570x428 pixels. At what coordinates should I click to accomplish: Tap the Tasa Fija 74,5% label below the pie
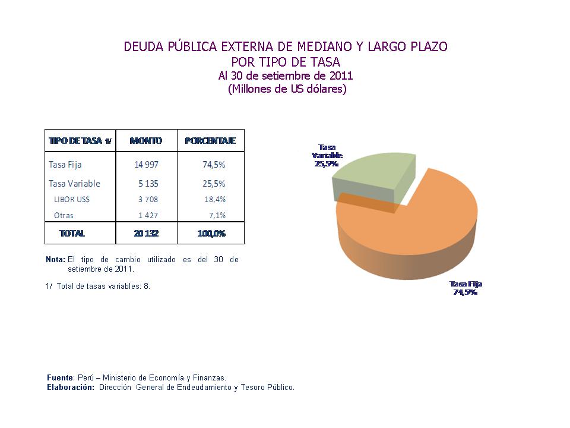point(465,288)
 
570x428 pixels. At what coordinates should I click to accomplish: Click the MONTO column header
point(146,141)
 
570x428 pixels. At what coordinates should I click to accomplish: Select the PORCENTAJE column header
point(210,141)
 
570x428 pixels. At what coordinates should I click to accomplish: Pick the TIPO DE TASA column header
point(80,141)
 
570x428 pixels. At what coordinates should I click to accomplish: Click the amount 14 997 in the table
point(146,165)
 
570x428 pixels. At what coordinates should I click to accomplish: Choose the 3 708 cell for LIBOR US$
point(148,200)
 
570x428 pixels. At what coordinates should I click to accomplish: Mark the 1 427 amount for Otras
point(148,216)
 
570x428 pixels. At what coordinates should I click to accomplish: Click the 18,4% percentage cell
point(215,200)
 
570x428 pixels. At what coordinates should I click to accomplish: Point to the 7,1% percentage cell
point(217,216)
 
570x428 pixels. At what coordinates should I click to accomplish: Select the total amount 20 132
point(146,234)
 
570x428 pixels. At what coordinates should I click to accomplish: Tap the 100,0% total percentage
point(211,234)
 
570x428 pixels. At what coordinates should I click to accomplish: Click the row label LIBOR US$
point(72,200)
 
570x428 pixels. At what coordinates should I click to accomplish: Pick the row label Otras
point(64,216)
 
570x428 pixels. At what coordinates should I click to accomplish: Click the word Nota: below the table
point(55,260)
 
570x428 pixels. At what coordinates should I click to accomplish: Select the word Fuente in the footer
point(60,377)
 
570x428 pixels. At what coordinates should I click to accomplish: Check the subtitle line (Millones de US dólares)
point(287,89)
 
